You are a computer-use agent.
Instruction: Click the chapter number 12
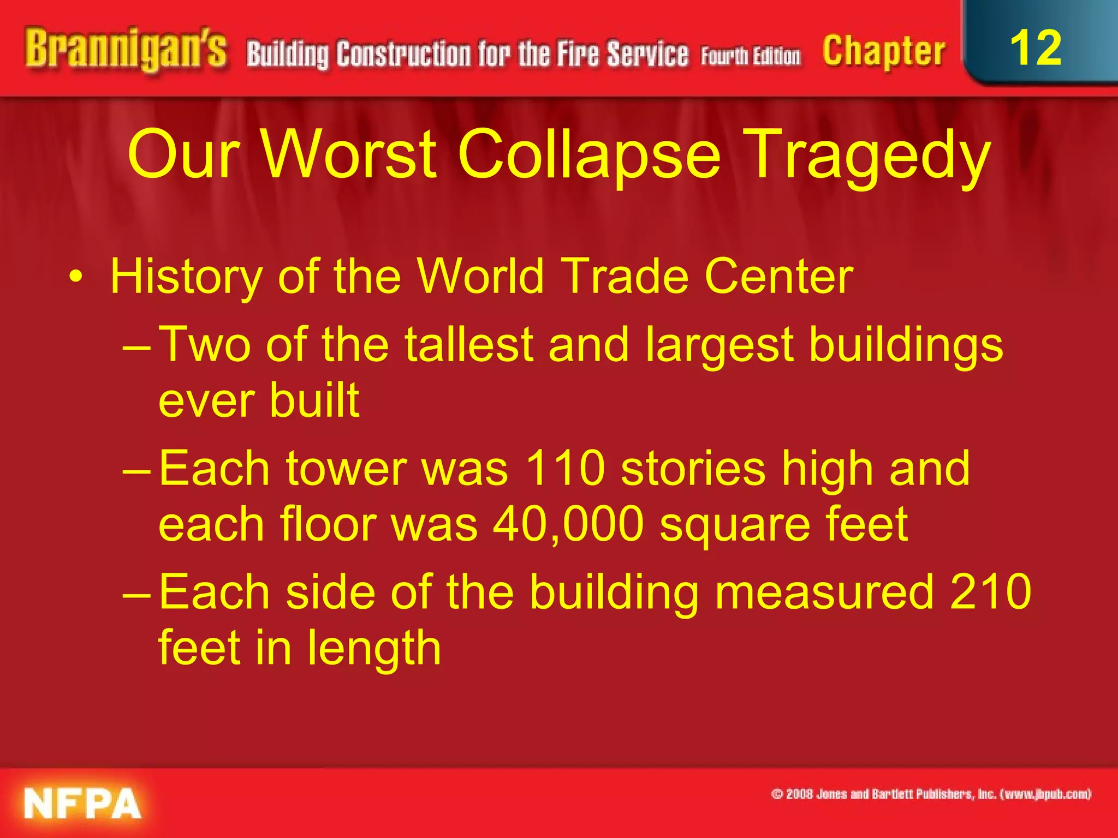pyautogui.click(x=1036, y=48)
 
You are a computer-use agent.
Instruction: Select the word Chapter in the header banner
pyautogui.click(x=884, y=52)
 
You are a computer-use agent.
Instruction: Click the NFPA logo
pyautogui.click(x=82, y=804)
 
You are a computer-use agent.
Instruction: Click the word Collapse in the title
pyautogui.click(x=588, y=155)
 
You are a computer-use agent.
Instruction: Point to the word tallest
pyautogui.click(x=468, y=345)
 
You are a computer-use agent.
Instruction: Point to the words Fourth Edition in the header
pyautogui.click(x=751, y=56)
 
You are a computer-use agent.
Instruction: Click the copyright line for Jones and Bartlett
pyautogui.click(x=931, y=794)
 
